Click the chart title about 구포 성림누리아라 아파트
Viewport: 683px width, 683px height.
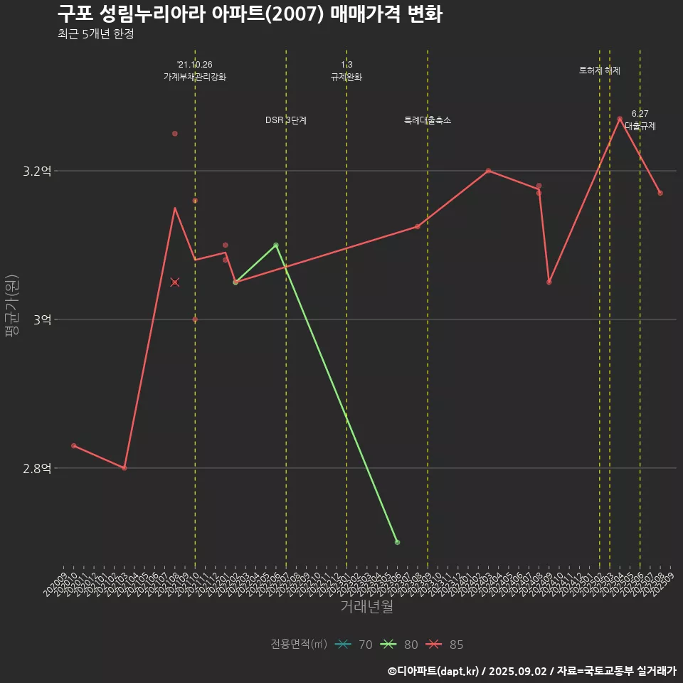tap(250, 14)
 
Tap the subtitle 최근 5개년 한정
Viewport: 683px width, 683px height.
tap(96, 34)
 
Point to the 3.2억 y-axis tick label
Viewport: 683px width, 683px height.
tap(38, 171)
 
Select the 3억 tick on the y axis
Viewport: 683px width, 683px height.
tap(42, 320)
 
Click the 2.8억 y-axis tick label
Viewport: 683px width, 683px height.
tap(38, 468)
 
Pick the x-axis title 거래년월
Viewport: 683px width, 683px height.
tap(366, 607)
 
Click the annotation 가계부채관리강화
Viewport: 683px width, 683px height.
tap(195, 77)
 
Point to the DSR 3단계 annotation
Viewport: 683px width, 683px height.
tap(286, 120)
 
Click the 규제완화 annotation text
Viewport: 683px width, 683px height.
tap(346, 77)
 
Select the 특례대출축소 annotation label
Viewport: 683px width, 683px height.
tap(428, 120)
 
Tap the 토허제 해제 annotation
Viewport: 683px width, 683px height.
tap(600, 70)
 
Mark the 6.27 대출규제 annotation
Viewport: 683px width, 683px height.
tap(640, 120)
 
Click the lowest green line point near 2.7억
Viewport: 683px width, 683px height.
tap(397, 542)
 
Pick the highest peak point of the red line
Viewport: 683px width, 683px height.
tap(620, 119)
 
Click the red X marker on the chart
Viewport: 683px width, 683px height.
tap(175, 282)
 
